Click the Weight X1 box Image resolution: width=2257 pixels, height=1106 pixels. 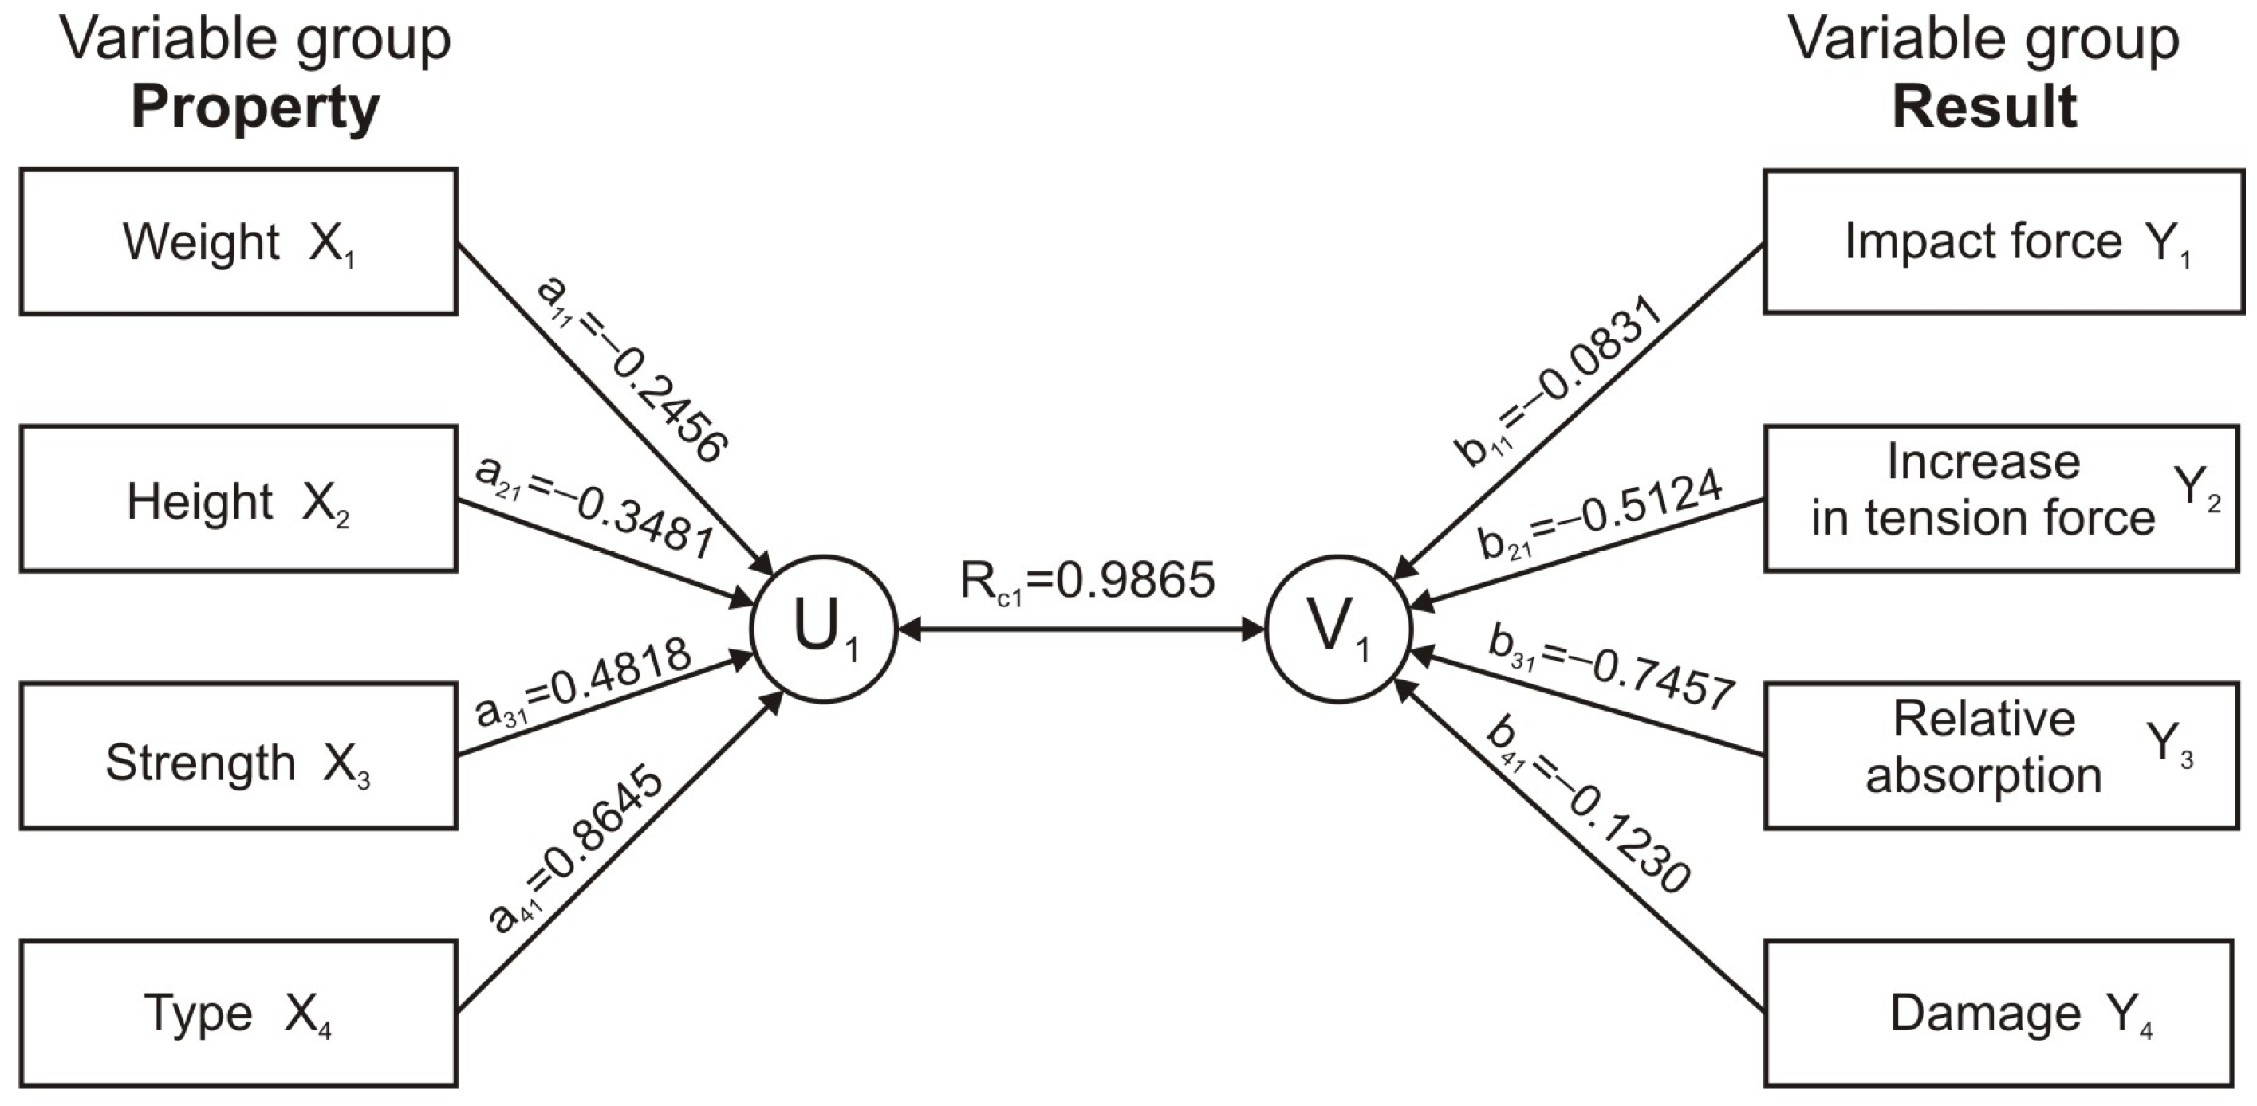click(x=238, y=241)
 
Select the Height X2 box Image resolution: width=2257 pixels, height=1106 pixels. click(x=238, y=499)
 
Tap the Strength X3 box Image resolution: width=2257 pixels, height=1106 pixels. click(x=238, y=757)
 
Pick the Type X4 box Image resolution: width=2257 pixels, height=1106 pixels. click(x=238, y=1014)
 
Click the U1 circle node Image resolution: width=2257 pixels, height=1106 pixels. click(x=824, y=629)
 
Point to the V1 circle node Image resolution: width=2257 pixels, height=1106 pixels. click(x=1338, y=629)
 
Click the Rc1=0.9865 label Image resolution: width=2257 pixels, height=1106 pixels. click(x=1087, y=582)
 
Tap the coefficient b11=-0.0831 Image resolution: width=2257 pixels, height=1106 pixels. click(x=1558, y=382)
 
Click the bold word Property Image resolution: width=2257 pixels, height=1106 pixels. click(x=255, y=107)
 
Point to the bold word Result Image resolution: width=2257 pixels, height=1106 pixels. click(x=1983, y=107)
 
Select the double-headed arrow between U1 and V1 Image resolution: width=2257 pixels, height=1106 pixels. click(x=1081, y=629)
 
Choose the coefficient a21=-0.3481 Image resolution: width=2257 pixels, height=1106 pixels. click(x=594, y=506)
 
